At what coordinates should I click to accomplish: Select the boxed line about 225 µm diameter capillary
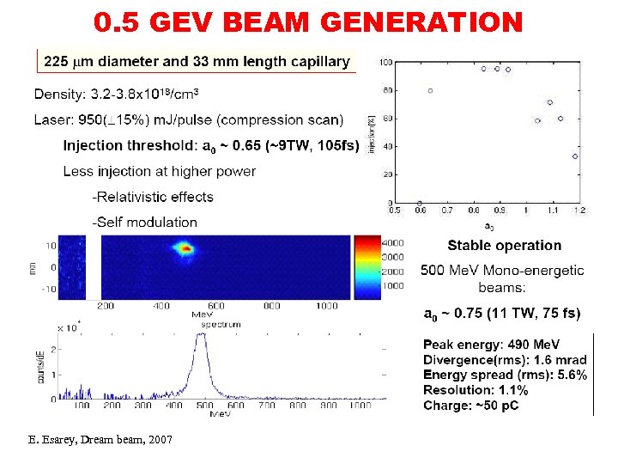pos(197,61)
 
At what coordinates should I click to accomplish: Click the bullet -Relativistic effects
pos(153,197)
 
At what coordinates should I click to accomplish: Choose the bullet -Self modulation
pos(145,222)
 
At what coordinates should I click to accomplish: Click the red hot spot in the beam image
pos(185,249)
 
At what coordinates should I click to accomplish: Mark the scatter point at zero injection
pos(420,203)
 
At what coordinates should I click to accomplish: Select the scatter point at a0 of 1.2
pos(575,156)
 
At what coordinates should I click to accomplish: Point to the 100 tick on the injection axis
pos(388,63)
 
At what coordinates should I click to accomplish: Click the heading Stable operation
pos(504,246)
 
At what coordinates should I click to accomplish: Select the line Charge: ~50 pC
pos(470,406)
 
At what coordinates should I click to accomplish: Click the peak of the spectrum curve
pos(201,334)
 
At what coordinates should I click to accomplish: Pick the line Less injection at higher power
pos(159,171)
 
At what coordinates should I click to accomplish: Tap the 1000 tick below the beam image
pos(326,306)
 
